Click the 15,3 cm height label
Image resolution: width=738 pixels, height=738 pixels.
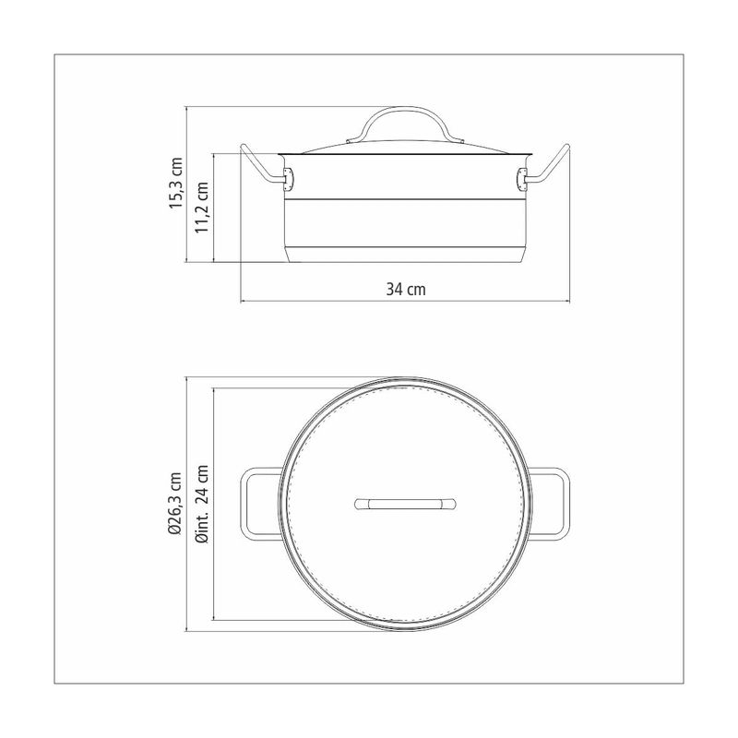176,183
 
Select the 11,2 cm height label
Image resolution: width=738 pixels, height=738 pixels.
202,207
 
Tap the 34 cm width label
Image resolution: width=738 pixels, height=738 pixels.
406,289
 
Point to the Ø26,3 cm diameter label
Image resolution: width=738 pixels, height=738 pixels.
176,504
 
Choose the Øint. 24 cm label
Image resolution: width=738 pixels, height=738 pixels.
203,504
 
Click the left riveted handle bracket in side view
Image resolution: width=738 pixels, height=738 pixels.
288,179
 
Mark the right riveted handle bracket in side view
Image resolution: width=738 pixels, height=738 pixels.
522,179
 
